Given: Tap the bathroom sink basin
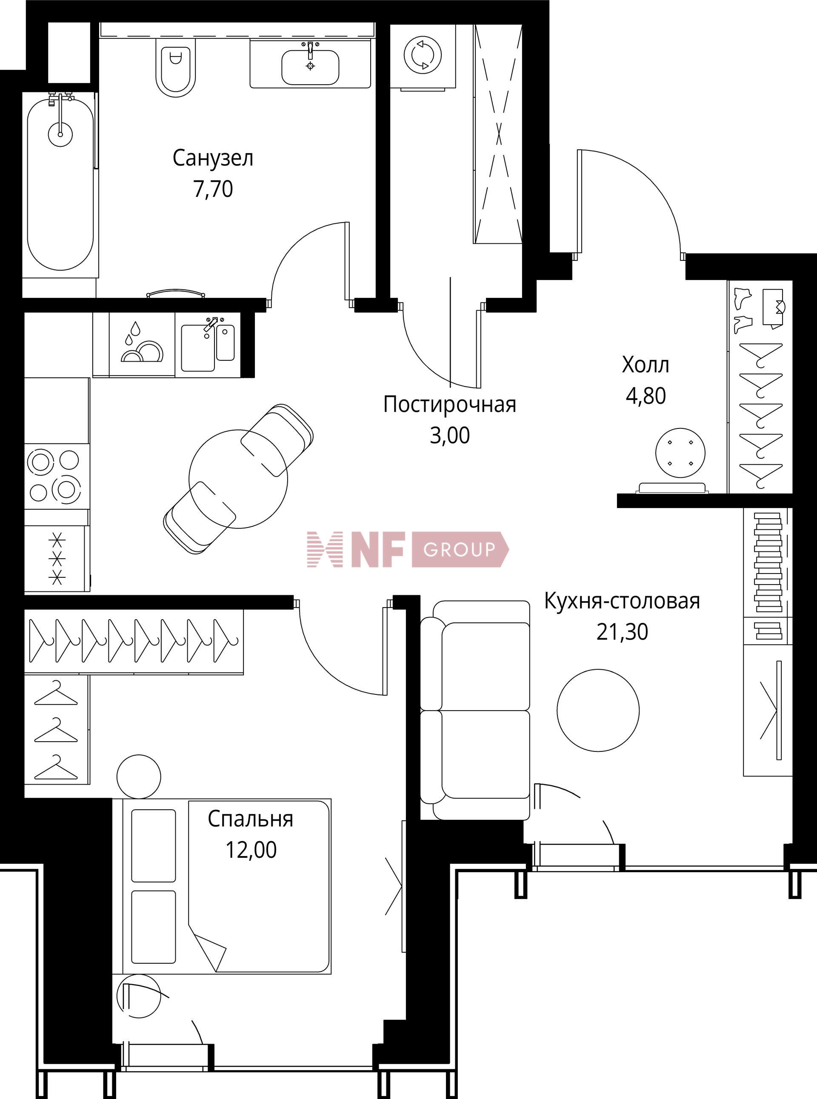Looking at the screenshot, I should tap(310, 67).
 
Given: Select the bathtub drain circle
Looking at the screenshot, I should tap(60, 134).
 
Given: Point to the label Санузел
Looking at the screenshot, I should tap(213, 158).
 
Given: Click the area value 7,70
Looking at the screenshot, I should tap(213, 189).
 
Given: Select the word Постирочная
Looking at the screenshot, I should tap(449, 404).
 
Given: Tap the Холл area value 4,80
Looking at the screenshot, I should tap(646, 396).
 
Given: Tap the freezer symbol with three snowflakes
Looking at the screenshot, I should tap(58, 559).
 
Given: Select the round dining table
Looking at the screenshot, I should tap(238, 479).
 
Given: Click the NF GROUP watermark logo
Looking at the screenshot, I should tap(408, 549).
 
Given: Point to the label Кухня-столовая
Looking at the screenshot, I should tap(622, 601).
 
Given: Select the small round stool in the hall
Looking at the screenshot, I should tap(680, 452).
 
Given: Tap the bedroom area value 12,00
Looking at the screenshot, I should tap(251, 849).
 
